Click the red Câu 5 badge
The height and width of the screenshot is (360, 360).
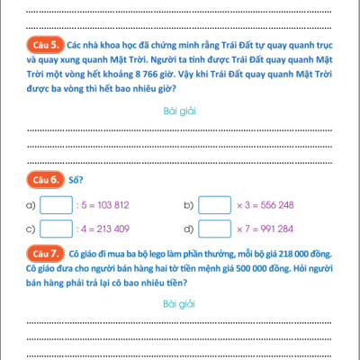45,42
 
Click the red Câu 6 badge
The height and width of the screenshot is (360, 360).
45,179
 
